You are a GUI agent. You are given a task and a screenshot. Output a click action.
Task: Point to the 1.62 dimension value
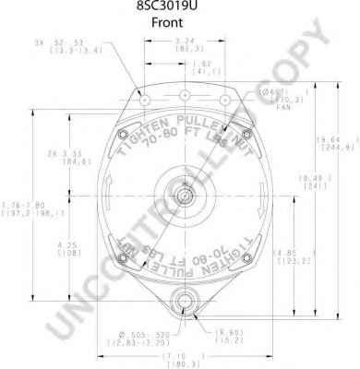203,62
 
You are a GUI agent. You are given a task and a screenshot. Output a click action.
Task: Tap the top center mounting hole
185,96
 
